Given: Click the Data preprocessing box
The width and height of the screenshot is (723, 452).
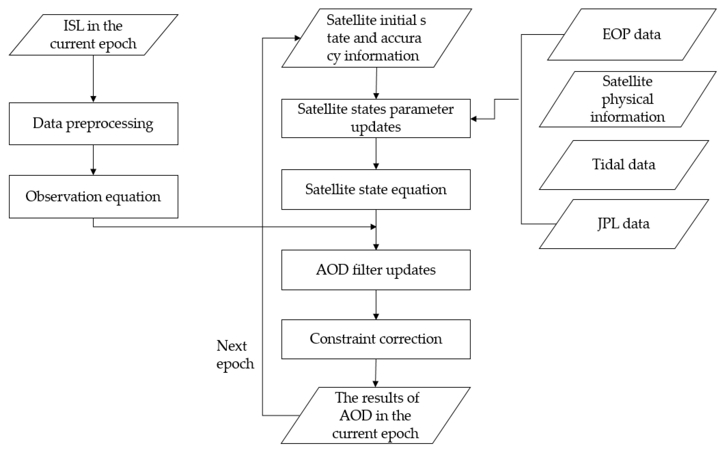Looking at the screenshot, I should (x=93, y=124).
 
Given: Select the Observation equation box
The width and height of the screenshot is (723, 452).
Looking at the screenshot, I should (x=93, y=196).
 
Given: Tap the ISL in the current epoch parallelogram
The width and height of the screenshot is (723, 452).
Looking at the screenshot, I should (x=93, y=35).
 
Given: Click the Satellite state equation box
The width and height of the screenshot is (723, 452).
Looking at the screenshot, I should (x=376, y=189).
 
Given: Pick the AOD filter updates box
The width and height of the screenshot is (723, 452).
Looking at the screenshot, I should (x=376, y=270).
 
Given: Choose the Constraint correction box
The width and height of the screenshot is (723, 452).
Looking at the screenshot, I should (x=376, y=339).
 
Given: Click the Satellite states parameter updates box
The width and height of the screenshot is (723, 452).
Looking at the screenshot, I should (x=376, y=118).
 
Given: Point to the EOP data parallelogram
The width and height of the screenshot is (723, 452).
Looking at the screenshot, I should (x=631, y=34).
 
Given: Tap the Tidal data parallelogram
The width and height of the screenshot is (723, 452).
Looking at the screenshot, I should (x=624, y=165).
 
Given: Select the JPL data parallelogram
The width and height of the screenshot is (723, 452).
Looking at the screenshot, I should (x=624, y=224).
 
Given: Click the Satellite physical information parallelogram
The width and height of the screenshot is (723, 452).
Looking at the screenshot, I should (x=627, y=99).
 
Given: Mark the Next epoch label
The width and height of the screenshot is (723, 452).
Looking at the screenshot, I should (x=235, y=355).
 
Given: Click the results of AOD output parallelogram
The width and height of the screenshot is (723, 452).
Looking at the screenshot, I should (x=376, y=415).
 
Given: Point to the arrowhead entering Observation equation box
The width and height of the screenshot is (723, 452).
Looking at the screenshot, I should (x=93, y=172).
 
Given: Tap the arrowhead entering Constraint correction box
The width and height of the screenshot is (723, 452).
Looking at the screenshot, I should (x=376, y=316).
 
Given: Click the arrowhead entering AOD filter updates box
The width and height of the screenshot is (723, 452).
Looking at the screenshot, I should (x=376, y=247).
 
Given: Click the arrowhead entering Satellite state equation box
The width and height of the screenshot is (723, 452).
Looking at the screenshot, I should (x=376, y=166).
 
